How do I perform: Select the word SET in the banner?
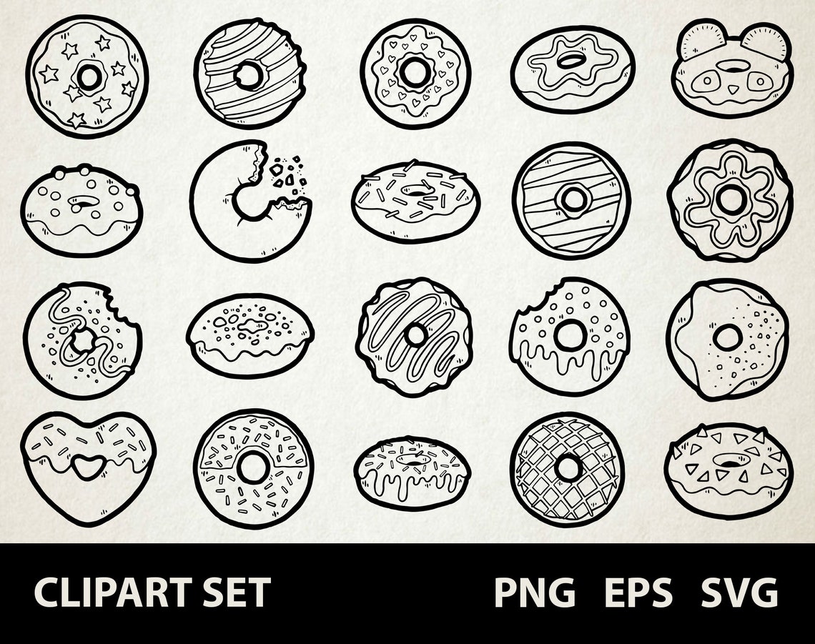tap(237, 593)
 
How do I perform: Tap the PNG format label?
tap(535, 593)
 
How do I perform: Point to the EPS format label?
tap(638, 593)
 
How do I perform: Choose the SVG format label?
tap(739, 593)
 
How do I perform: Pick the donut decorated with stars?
tap(87, 76)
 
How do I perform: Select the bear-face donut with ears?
tap(731, 69)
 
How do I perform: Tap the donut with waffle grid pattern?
tap(568, 469)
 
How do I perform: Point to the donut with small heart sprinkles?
tap(415, 73)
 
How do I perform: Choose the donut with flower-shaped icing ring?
tap(730, 199)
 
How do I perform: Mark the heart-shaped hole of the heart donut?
tap(87, 467)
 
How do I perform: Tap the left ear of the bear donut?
tap(697, 41)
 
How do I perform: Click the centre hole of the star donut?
tap(89, 76)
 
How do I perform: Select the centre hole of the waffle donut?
tap(568, 468)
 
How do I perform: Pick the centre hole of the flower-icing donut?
tap(730, 199)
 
